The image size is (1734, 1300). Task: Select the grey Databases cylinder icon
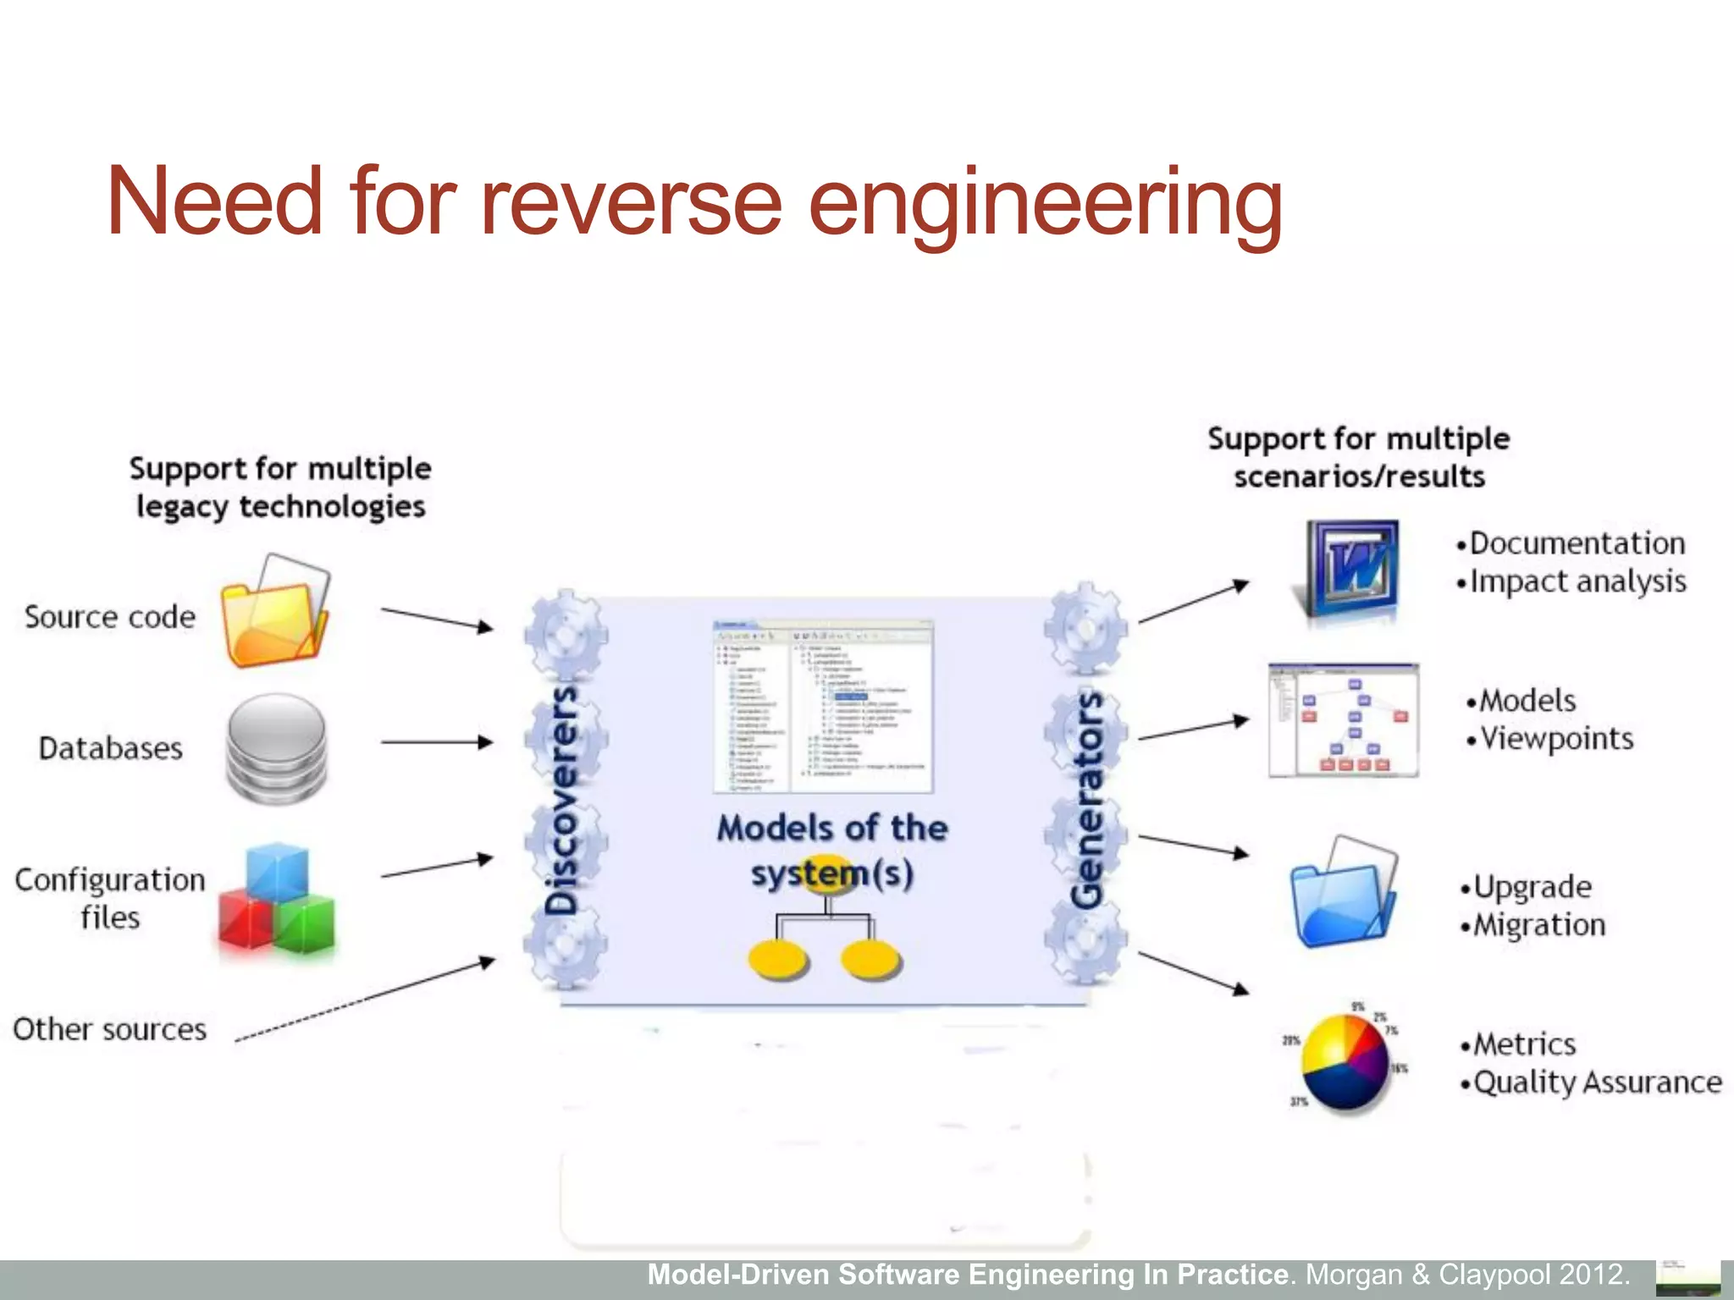(276, 748)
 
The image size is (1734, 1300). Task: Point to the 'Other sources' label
(110, 1029)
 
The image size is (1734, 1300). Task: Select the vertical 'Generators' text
(1087, 800)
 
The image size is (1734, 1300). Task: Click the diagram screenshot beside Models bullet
(1343, 720)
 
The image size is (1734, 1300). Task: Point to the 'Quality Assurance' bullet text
(1597, 1082)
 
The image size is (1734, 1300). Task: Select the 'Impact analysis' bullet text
(1577, 581)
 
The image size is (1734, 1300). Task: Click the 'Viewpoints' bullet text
(1557, 739)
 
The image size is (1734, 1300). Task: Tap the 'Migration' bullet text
(1539, 925)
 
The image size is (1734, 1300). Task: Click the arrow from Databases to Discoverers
(436, 742)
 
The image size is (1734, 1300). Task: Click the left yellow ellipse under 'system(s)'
(778, 961)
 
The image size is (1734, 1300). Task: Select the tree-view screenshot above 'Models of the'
(823, 707)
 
